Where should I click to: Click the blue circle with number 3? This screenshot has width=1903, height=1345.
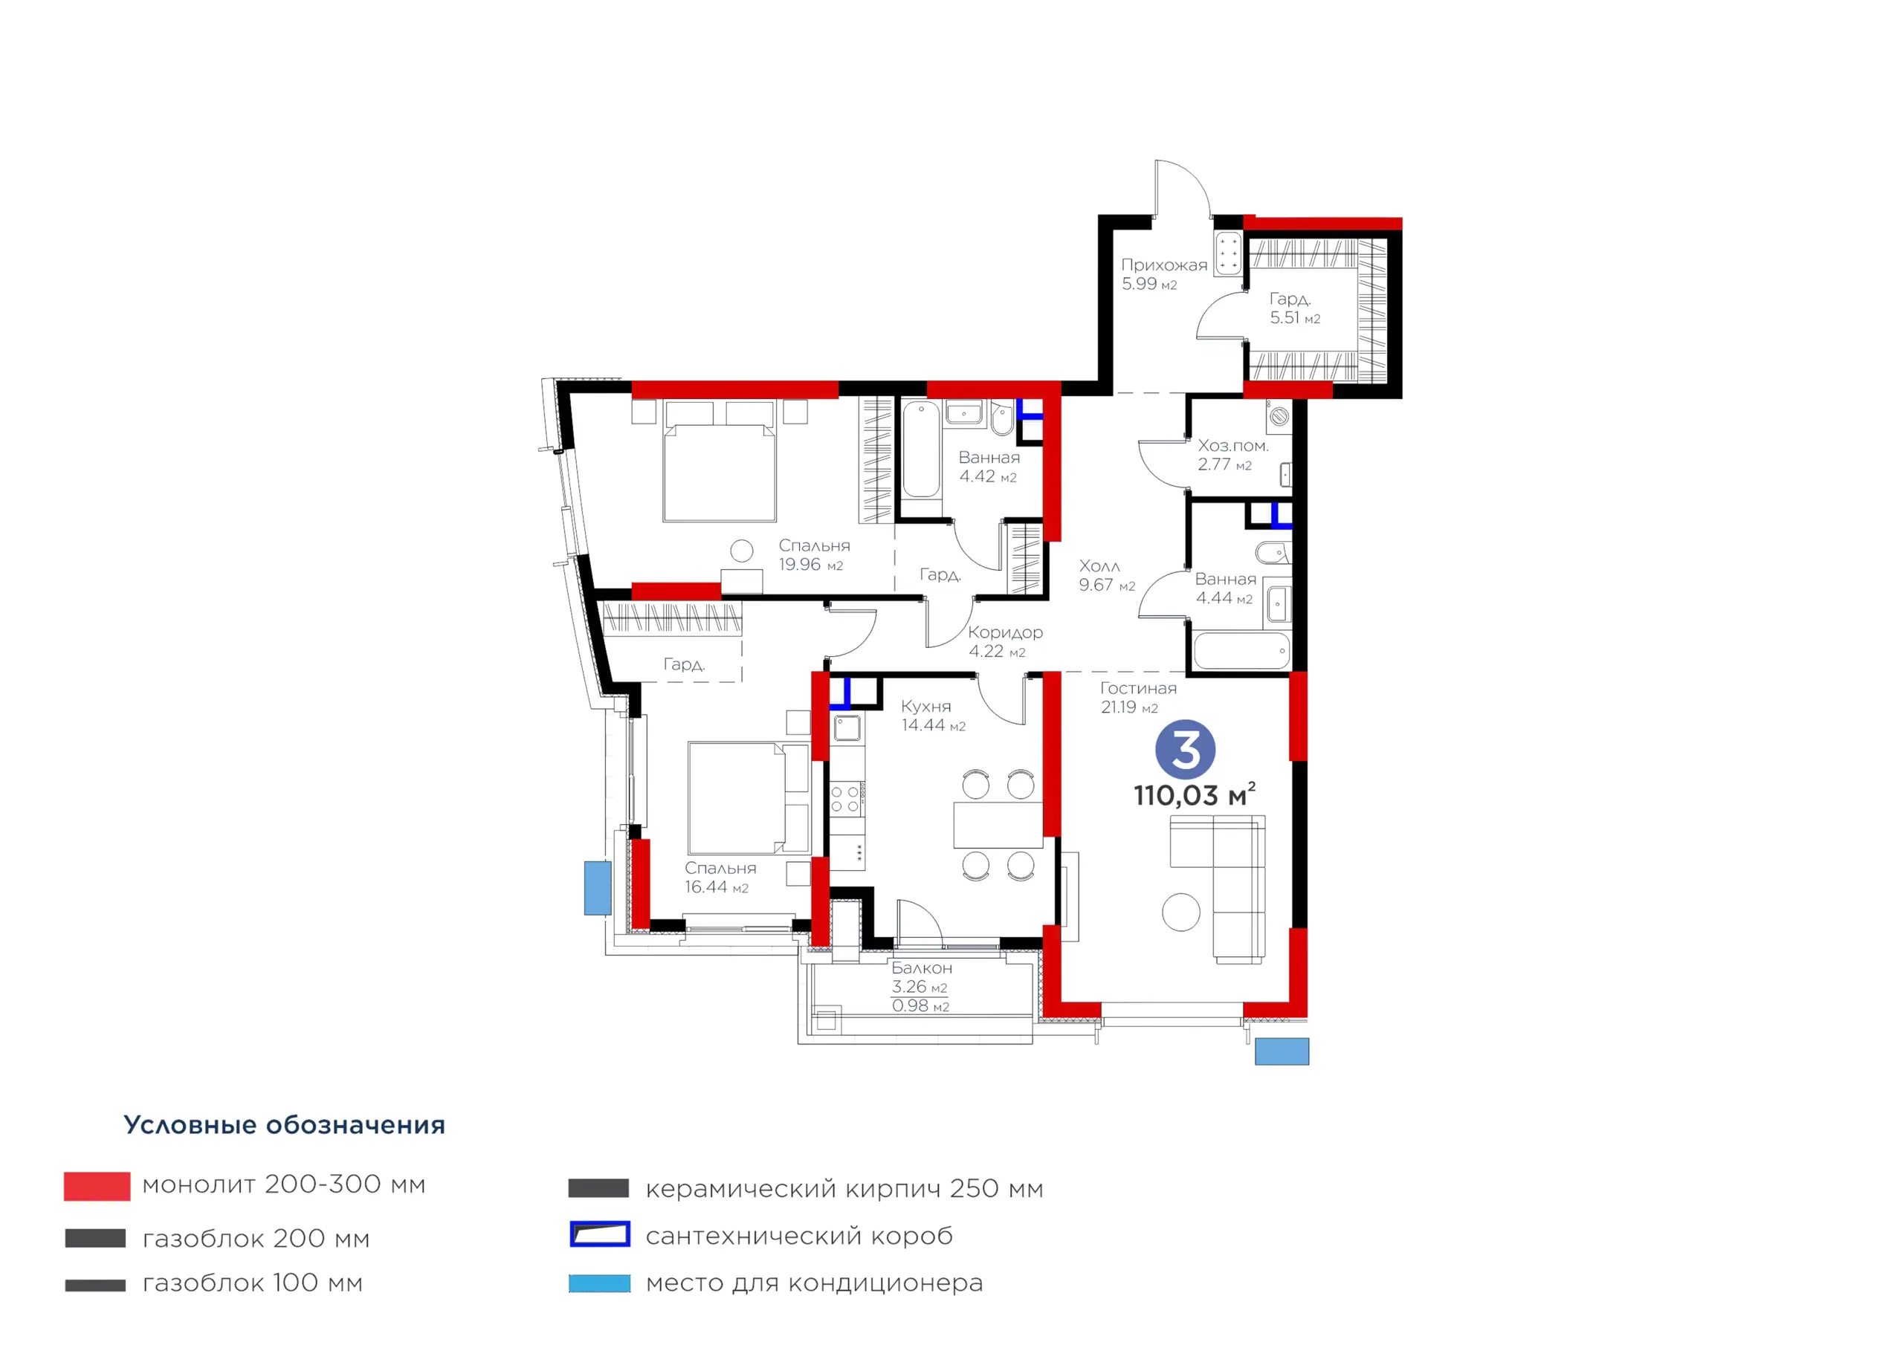1185,749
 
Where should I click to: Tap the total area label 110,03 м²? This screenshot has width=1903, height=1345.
1195,794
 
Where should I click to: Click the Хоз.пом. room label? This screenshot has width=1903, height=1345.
1232,446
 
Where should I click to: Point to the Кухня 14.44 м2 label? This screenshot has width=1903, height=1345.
933,715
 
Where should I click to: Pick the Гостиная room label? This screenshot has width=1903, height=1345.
1138,688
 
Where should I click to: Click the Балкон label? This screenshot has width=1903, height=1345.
922,968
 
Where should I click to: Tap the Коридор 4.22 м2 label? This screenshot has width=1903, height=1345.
1005,641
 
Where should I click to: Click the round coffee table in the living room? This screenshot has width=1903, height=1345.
1181,913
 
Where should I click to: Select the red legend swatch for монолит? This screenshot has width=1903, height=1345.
97,1186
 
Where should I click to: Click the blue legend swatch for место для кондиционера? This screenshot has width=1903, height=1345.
599,1283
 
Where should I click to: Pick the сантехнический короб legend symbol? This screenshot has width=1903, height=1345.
599,1234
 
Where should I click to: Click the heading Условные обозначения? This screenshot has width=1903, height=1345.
284,1124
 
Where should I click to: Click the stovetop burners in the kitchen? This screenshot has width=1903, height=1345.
845,800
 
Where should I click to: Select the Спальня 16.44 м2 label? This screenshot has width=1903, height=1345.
720,877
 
